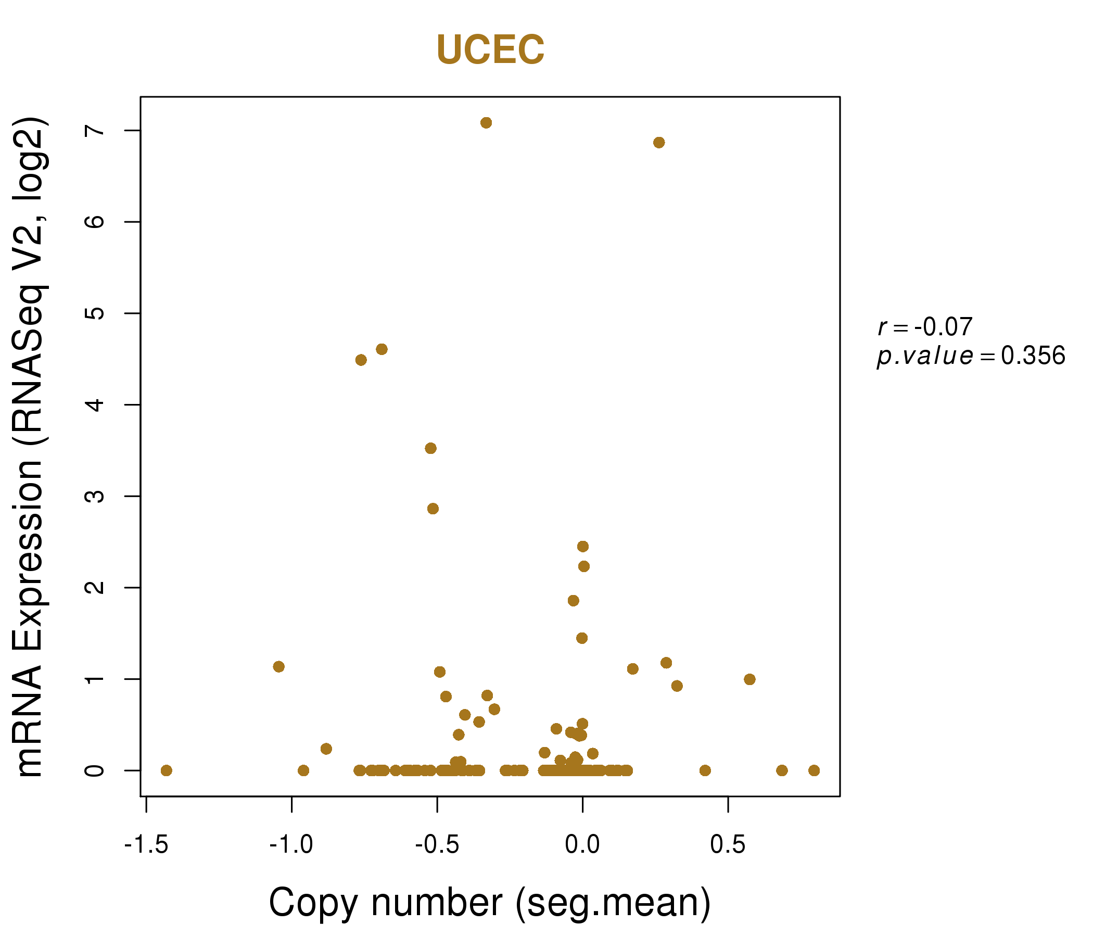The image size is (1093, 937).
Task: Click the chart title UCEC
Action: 490,50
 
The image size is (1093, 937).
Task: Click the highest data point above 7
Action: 486,123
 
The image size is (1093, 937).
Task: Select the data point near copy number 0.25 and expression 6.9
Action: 659,143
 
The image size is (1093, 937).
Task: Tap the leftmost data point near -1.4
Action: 166,771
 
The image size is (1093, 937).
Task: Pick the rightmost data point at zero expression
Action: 814,771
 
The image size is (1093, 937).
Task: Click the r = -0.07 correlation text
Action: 925,327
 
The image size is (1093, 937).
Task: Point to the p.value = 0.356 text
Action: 971,356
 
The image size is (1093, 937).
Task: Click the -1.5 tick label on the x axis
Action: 146,845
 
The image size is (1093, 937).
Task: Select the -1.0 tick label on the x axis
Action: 291,845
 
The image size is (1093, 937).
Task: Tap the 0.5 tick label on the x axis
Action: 728,845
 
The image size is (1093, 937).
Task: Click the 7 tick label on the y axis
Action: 95,130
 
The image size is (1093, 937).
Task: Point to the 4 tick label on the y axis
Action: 95,404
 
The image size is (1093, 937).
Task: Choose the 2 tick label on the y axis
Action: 95,587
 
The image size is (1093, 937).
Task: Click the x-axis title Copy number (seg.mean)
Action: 490,903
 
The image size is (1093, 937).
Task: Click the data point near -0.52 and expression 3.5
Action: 430,448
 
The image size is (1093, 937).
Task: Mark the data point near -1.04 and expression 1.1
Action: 279,667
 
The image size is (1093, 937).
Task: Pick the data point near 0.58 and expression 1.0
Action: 749,679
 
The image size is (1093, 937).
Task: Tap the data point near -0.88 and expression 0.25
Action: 326,749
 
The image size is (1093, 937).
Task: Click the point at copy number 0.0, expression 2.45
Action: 582,547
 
